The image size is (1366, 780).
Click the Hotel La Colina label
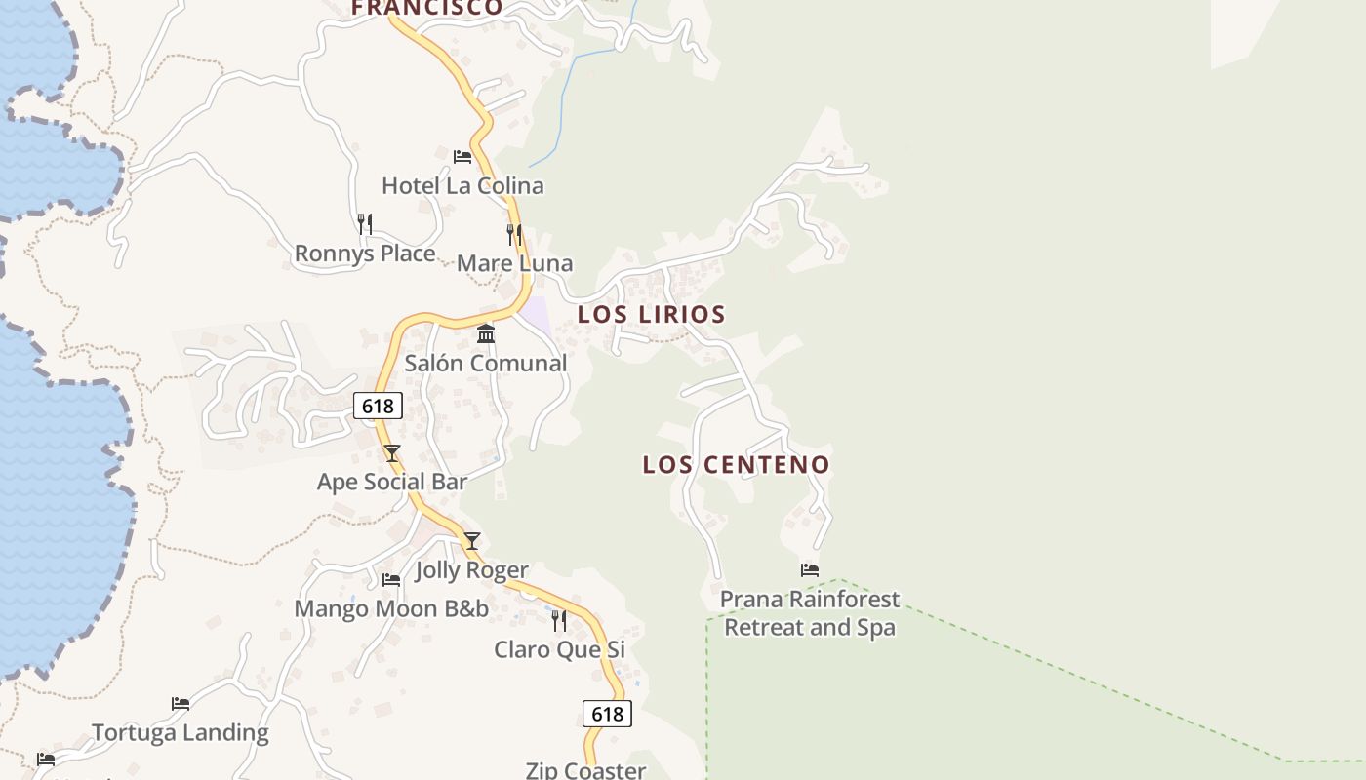click(x=462, y=185)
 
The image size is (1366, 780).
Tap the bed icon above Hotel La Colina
click(x=462, y=156)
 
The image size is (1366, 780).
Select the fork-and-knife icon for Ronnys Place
click(x=365, y=224)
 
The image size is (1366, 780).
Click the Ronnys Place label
click(x=365, y=253)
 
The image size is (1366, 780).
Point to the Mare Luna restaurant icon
click(x=514, y=235)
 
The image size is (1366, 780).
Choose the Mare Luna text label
click(x=514, y=263)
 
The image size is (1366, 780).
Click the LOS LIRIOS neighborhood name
click(x=651, y=314)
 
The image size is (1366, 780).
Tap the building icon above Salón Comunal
click(x=486, y=334)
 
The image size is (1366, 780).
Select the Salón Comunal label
click(x=486, y=363)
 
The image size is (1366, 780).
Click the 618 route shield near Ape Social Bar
click(x=378, y=406)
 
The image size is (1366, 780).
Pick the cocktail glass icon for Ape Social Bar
click(x=392, y=453)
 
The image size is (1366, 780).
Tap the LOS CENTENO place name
click(x=736, y=464)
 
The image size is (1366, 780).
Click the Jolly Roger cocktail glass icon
click(x=472, y=541)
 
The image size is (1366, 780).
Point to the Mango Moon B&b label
click(x=391, y=609)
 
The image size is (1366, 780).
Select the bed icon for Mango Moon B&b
click(x=391, y=580)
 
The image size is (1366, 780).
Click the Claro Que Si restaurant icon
click(x=559, y=621)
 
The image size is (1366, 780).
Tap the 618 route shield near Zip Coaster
click(x=607, y=714)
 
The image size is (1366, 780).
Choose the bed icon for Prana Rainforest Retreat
click(x=810, y=570)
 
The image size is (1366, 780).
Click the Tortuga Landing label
click(x=181, y=732)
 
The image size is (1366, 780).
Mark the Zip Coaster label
click(x=585, y=770)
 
